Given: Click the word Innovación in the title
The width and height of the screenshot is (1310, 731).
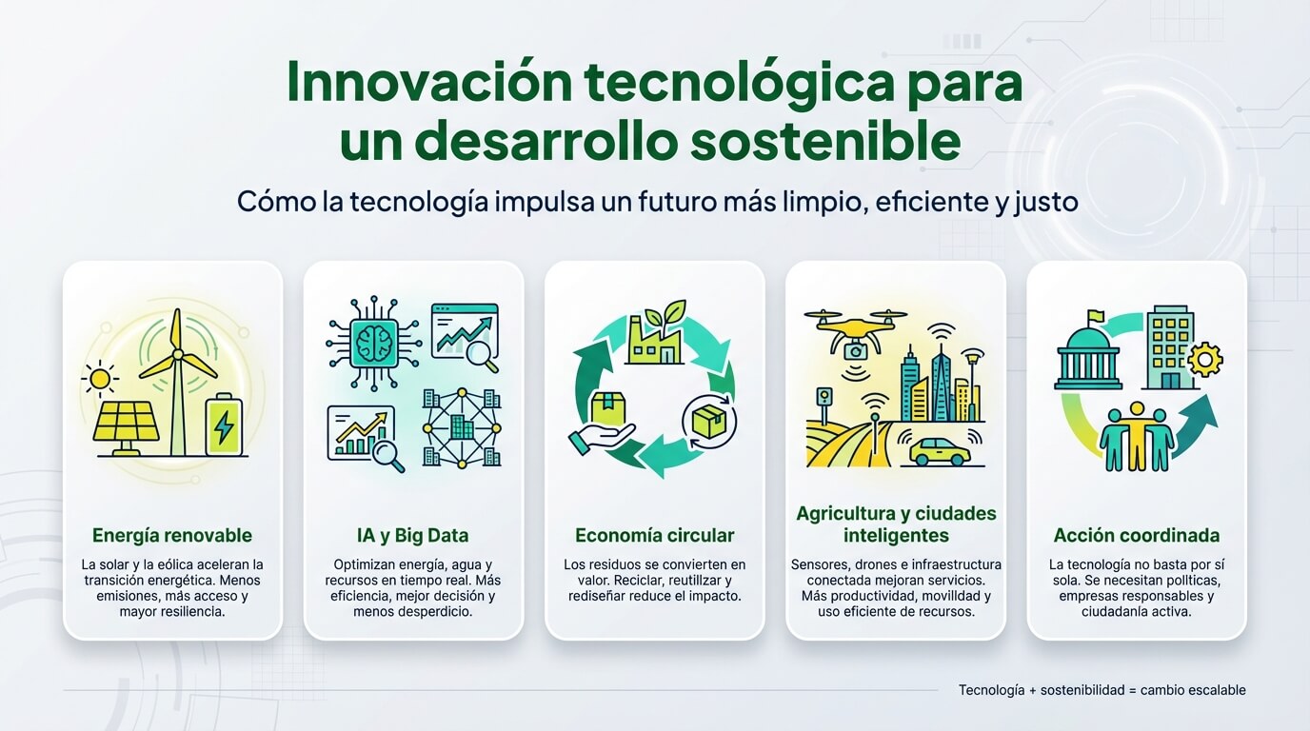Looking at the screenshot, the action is click(430, 82).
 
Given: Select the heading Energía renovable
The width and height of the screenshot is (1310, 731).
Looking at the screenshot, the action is click(172, 536).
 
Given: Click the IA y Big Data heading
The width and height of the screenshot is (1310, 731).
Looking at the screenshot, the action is click(413, 536).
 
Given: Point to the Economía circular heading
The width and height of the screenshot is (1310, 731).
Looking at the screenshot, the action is click(654, 536).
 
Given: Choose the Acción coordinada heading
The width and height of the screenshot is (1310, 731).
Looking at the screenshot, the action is click(1137, 536).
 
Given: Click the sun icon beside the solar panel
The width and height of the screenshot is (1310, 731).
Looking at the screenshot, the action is click(100, 380).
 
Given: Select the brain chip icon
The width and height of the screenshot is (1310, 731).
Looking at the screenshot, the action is click(374, 344).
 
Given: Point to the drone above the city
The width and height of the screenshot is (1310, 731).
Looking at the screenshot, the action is click(856, 331).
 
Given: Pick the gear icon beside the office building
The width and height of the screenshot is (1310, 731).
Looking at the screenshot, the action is click(1205, 360).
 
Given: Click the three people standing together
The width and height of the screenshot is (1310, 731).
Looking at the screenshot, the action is click(1137, 436).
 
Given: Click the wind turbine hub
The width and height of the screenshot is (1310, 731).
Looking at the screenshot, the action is click(178, 354).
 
